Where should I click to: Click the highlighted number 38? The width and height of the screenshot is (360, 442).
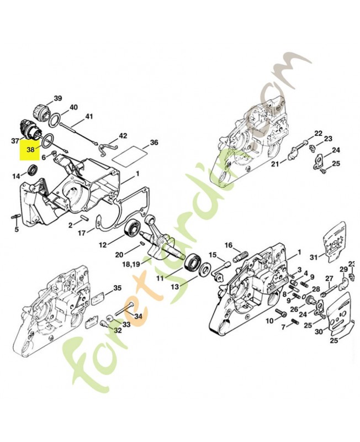point(31,150)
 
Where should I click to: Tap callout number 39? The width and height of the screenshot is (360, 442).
point(58,98)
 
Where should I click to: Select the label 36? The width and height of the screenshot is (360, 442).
point(154,143)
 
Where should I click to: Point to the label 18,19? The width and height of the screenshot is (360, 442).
point(131,265)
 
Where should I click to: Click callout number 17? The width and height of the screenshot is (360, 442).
point(82,233)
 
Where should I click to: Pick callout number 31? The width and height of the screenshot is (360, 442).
point(314,257)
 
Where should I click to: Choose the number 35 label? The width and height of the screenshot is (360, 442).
point(117,288)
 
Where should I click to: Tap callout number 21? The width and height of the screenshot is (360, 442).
point(275,164)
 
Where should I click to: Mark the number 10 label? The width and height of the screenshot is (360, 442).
point(270,320)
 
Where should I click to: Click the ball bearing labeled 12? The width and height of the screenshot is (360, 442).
point(131,230)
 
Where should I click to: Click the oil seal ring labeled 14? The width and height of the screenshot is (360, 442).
point(34,170)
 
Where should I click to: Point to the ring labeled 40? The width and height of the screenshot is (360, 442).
point(54,118)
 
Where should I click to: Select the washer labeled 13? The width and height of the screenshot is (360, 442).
point(205,269)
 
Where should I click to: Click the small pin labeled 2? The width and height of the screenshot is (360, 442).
point(84,218)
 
